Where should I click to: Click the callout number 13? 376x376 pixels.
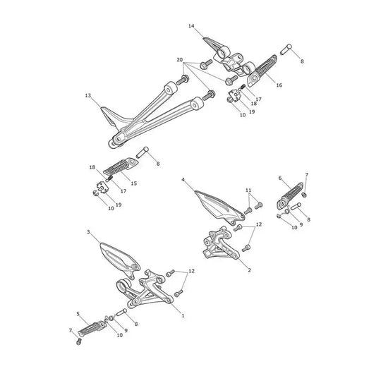(x=88, y=96)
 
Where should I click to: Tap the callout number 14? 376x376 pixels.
(x=191, y=26)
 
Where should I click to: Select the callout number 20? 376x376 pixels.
(x=180, y=60)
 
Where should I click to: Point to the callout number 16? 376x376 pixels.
(x=279, y=85)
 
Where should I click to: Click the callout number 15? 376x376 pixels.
(x=134, y=183)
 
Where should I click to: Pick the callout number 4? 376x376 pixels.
(x=183, y=180)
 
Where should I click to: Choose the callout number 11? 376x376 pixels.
(x=248, y=190)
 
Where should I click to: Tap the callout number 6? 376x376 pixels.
(x=280, y=178)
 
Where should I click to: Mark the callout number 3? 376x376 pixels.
(x=88, y=232)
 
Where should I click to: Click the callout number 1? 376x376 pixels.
(x=183, y=315)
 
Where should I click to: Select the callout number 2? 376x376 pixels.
(x=250, y=270)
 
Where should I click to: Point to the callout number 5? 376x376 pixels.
(x=78, y=314)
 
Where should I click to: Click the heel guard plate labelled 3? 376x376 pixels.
(x=121, y=260)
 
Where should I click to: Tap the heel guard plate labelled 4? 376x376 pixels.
(x=219, y=207)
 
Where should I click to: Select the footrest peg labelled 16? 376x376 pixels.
(x=262, y=71)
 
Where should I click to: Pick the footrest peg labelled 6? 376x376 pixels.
(x=290, y=196)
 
